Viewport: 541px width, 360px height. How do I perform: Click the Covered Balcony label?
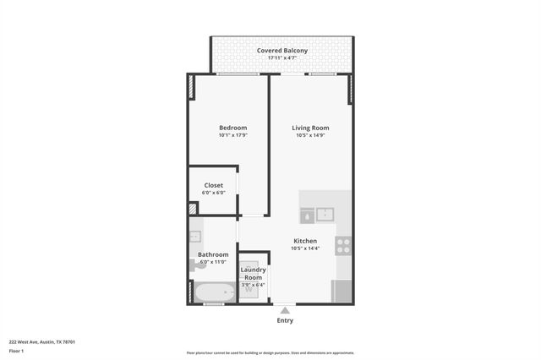coord(282,51)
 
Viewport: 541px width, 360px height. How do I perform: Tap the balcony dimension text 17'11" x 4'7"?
coord(282,58)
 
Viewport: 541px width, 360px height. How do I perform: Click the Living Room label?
coord(309,128)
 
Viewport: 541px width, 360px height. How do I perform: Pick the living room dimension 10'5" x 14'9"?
coord(309,135)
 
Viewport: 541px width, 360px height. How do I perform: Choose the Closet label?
coord(213,185)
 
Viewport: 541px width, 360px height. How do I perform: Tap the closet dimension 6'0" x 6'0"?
coord(213,193)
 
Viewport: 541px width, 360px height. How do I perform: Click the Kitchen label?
coord(305,241)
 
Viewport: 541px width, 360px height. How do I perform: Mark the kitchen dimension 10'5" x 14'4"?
coord(305,248)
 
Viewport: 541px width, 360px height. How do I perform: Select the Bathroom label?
coord(213,254)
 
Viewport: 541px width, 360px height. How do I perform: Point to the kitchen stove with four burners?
coord(343,246)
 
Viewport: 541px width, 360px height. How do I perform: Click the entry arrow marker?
coord(285,310)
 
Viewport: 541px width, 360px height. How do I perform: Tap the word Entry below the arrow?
coord(285,320)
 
